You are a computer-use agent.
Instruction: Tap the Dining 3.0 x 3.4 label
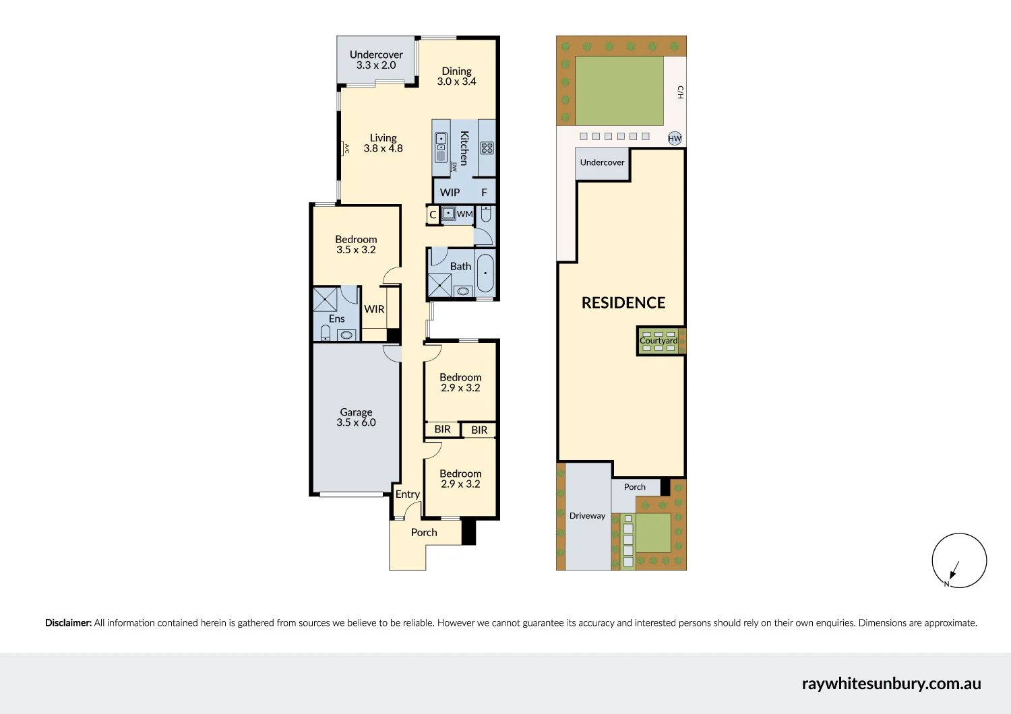point(456,76)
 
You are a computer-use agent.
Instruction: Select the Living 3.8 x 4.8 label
point(383,143)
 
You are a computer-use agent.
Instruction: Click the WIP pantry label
point(450,193)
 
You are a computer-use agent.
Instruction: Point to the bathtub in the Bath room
point(485,273)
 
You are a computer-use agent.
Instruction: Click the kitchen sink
point(441,147)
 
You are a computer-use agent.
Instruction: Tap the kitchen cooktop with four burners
point(487,148)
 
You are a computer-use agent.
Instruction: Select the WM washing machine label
point(465,214)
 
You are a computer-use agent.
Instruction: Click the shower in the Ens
point(325,299)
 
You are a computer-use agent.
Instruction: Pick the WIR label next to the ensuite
point(374,309)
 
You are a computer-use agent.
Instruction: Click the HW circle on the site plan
point(675,138)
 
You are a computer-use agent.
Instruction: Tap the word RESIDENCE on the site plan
point(623,303)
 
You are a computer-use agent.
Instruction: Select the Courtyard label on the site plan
point(658,341)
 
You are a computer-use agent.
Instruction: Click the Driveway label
point(587,516)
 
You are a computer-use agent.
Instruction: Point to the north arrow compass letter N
point(946,584)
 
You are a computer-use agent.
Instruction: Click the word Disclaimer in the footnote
point(68,623)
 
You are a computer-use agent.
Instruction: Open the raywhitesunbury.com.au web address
point(891,684)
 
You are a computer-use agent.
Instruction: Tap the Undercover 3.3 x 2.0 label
point(376,60)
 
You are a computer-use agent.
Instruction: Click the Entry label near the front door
point(407,494)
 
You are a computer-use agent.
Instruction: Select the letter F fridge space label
point(484,193)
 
